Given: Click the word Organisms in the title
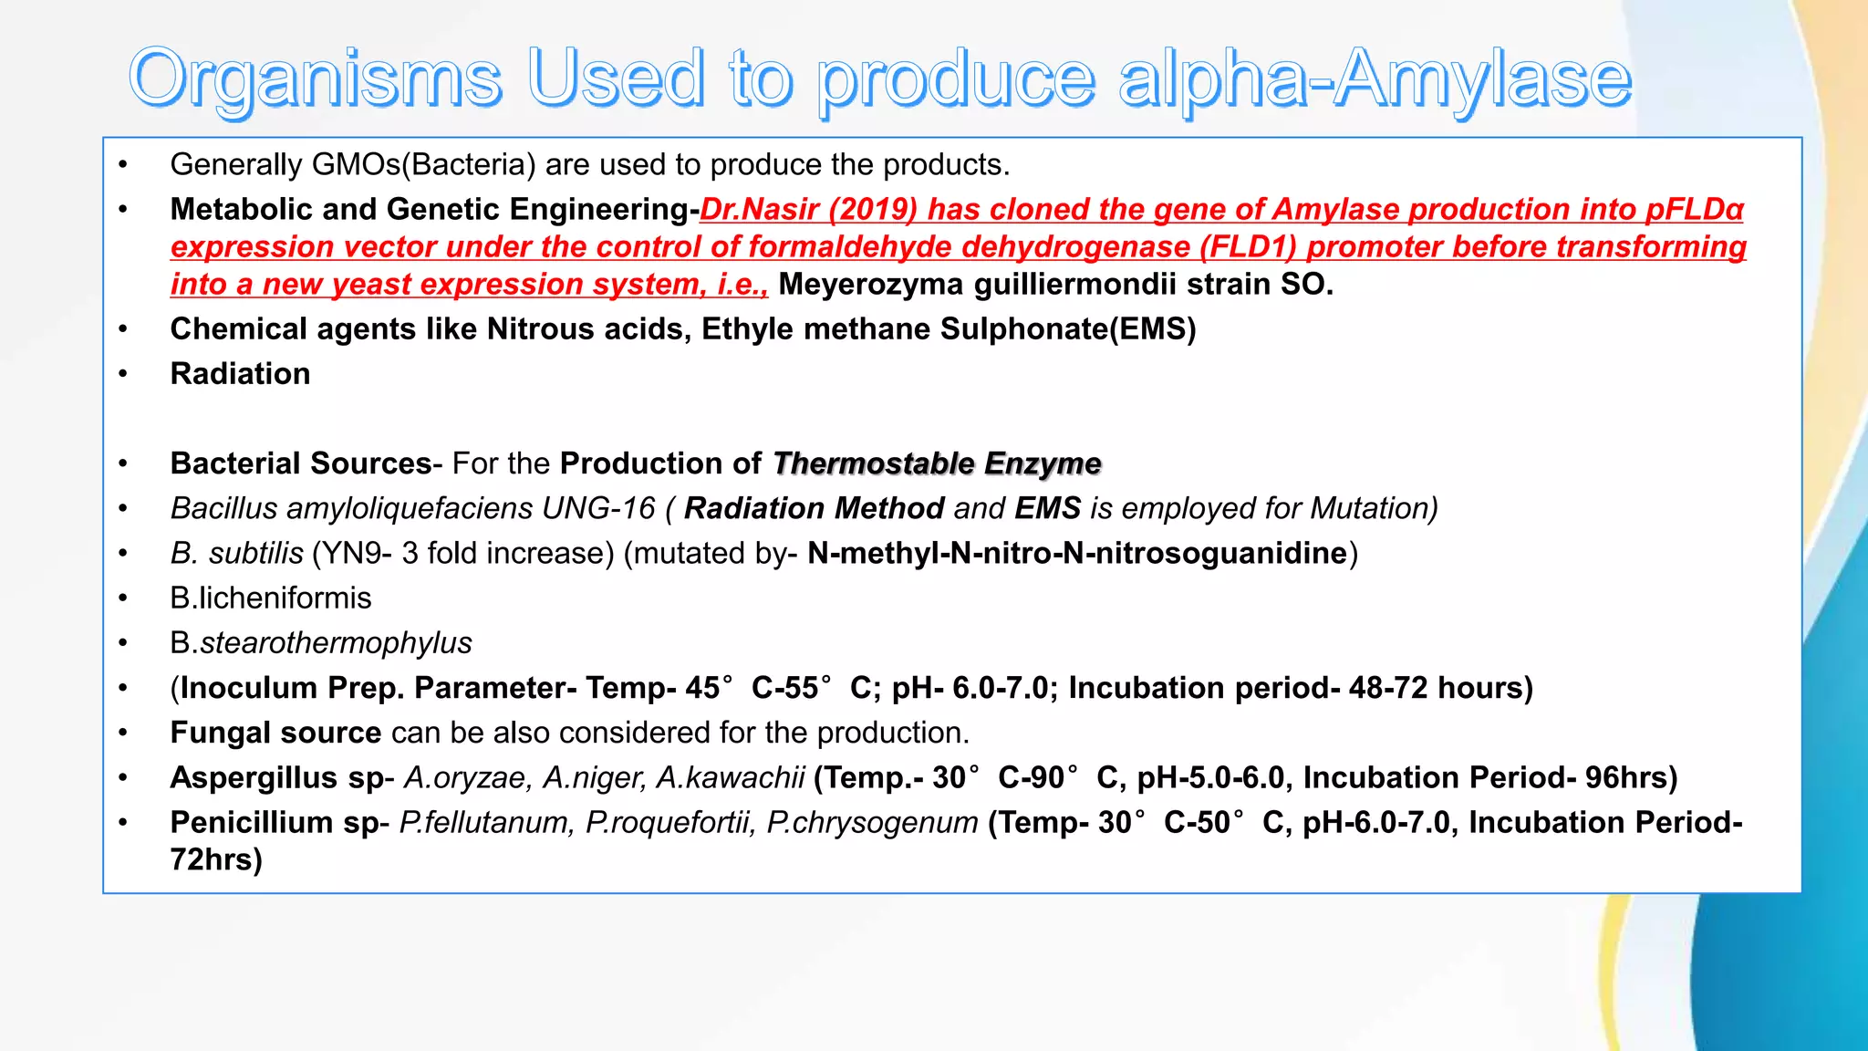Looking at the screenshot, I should [315, 80].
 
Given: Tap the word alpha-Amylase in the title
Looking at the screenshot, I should [1375, 80].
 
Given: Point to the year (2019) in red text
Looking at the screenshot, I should [873, 210].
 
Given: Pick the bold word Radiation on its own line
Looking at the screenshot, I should [240, 374].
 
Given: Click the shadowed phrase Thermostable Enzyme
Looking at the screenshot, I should [937, 463].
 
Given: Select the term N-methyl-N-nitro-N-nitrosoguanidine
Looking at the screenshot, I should [1077, 553].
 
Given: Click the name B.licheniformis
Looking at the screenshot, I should [271, 598].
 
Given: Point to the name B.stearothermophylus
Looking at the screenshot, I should [321, 643].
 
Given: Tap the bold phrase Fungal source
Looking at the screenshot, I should [275, 733].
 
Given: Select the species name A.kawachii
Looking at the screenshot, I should [731, 777].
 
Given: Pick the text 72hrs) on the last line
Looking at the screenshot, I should [216, 860].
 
